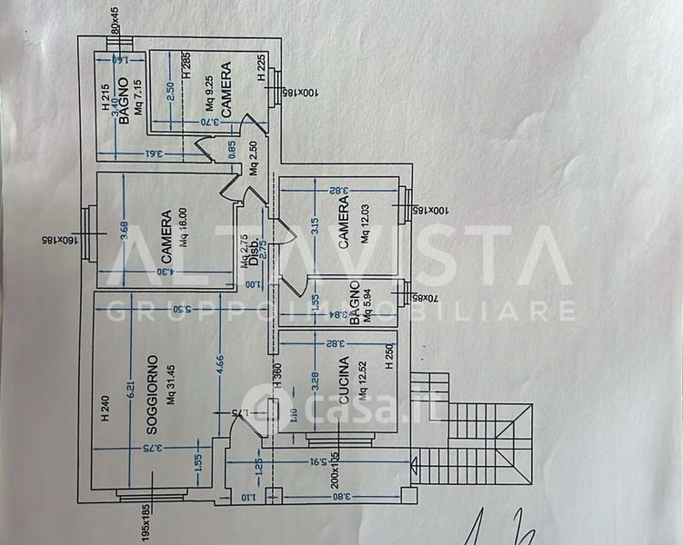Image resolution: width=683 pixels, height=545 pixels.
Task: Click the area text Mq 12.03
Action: coord(363,228)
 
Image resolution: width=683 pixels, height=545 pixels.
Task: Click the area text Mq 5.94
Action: coord(367,306)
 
